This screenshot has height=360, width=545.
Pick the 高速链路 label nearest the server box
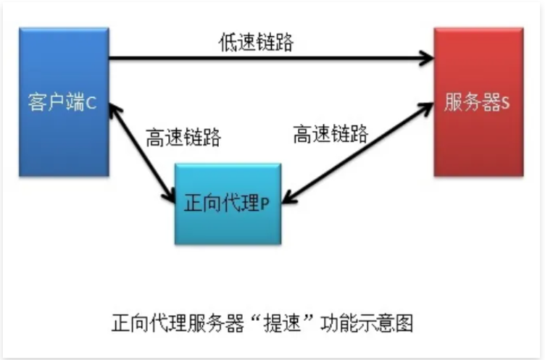pyautogui.click(x=330, y=133)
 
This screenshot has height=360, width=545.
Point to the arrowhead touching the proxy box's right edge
pyautogui.click(x=286, y=196)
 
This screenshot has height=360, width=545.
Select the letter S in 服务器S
pyautogui.click(x=505, y=103)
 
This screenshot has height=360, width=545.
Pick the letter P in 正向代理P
pyautogui.click(x=265, y=204)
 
